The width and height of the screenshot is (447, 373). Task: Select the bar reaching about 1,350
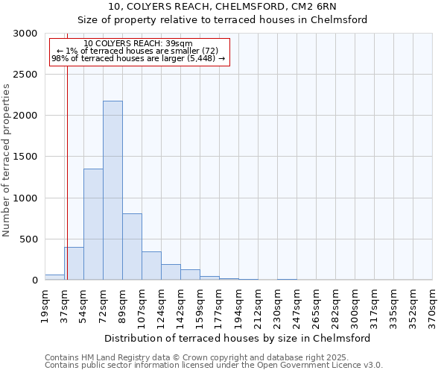[93, 224]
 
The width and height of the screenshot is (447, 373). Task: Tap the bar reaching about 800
[132, 246]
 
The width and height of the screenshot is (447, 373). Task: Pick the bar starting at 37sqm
[74, 263]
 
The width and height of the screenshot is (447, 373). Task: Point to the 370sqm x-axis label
[433, 306]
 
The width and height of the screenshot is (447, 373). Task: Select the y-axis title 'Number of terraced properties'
[7, 160]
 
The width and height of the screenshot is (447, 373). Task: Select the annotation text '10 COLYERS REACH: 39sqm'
[138, 43]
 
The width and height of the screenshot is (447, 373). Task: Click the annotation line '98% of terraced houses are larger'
[138, 58]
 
